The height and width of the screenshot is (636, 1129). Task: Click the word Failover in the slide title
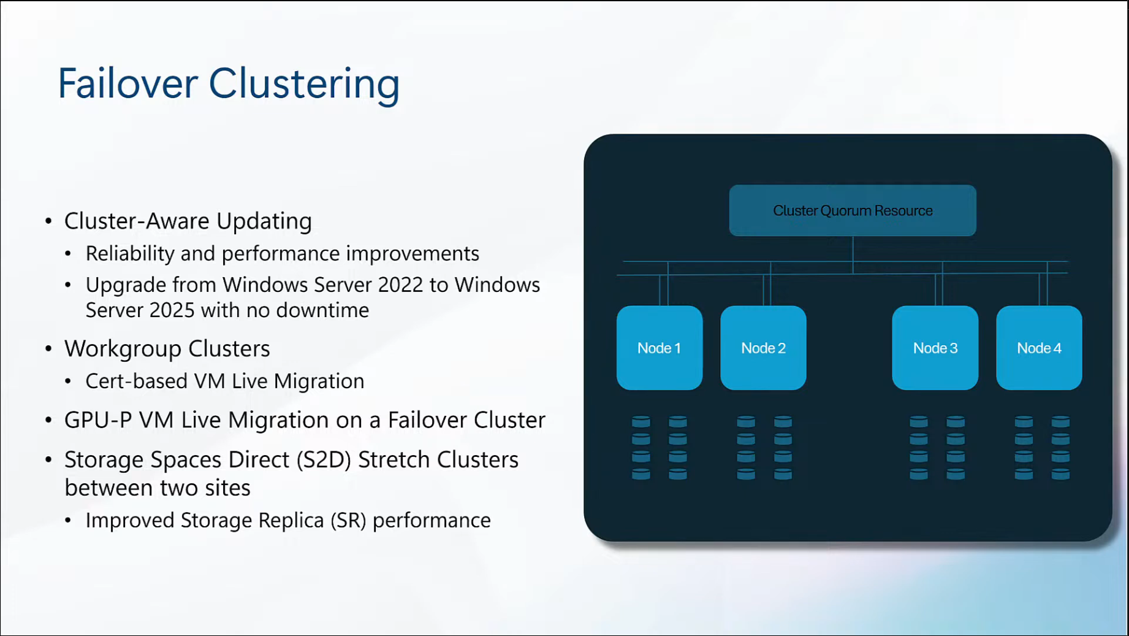pos(127,83)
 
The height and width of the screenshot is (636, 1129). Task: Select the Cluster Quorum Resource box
pos(852,210)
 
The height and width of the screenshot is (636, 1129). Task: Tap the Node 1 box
pos(659,348)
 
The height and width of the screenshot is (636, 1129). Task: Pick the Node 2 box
pos(763,348)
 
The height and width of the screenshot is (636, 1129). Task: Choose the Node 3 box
pos(935,348)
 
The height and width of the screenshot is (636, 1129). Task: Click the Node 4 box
pos(1039,348)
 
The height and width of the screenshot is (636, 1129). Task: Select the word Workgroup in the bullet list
pos(123,349)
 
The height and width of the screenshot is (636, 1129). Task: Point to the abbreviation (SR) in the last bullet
pos(348,520)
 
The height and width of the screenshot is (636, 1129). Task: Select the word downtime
pos(322,310)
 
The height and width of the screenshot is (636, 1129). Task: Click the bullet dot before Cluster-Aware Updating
pos(49,221)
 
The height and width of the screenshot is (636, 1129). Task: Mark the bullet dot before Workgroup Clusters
pos(49,349)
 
